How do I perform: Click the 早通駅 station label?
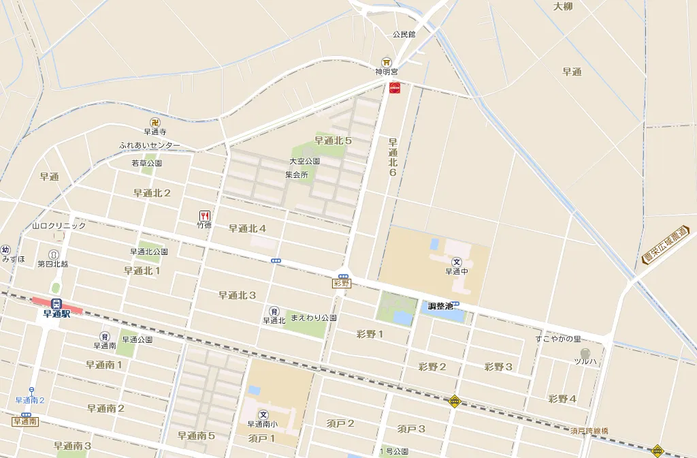[x=56, y=314]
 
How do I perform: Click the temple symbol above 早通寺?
[x=155, y=122]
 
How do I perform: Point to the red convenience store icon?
[x=394, y=87]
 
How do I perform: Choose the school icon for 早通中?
[x=457, y=262]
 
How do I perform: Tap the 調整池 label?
[x=440, y=306]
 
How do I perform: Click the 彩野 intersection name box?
[x=342, y=283]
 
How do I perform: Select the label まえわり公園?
[x=314, y=318]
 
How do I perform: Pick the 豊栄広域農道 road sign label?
[x=666, y=245]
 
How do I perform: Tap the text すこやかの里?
[x=557, y=339]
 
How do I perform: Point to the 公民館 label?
[x=404, y=33]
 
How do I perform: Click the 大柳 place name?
[x=563, y=7]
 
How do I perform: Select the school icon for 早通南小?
[x=263, y=414]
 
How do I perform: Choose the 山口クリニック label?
[x=59, y=226]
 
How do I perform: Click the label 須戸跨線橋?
[x=589, y=431]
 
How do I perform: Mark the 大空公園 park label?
[x=304, y=162]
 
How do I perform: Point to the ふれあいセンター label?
[x=150, y=145]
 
